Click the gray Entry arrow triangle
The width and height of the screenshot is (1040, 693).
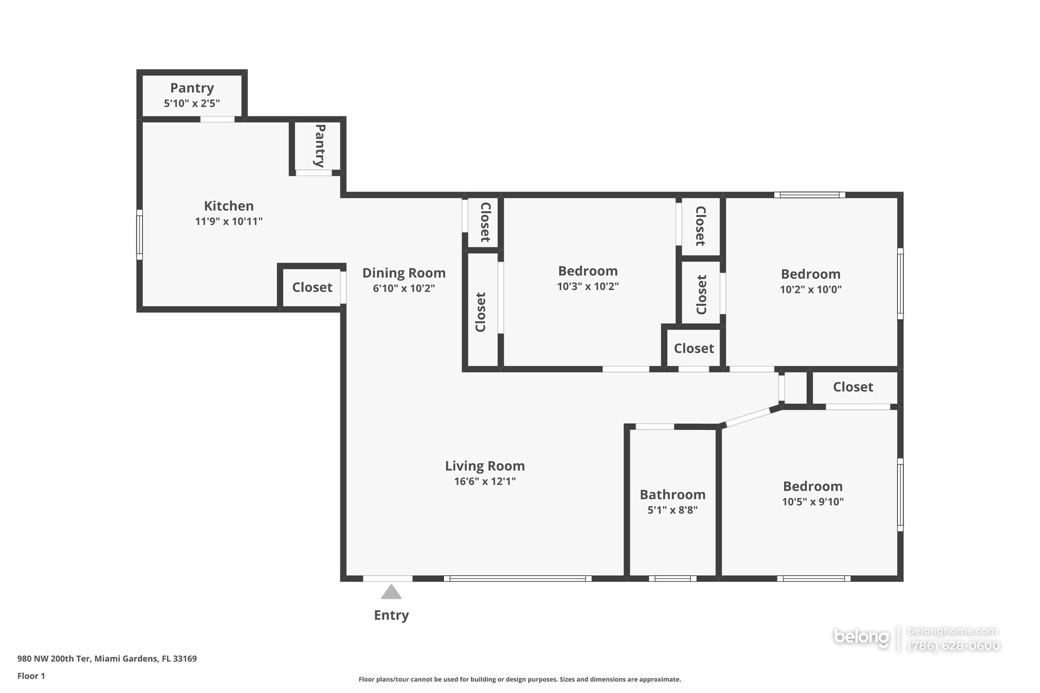coord(391,592)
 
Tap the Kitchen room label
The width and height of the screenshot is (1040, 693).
coord(229,206)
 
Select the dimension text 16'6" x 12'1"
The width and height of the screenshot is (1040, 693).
coord(485,481)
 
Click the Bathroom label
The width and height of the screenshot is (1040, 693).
coord(672,494)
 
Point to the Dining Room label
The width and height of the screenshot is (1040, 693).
coord(404,273)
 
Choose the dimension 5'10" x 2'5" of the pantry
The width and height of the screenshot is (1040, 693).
coord(191,104)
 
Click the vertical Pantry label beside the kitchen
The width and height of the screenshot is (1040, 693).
coord(319,146)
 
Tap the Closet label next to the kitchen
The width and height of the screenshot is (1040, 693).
coord(312,287)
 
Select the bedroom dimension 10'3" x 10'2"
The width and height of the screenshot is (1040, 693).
coord(588,286)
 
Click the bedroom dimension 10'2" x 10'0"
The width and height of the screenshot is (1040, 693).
coord(810,289)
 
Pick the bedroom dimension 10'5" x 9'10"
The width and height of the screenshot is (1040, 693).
coord(812,502)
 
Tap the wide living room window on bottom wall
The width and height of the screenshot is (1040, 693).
coord(517,578)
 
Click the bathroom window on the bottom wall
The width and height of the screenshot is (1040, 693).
coord(672,578)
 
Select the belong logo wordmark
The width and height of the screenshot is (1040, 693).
coord(861,637)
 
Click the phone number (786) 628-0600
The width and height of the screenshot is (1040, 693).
coord(954,646)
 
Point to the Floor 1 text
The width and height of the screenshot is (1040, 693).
coord(31,676)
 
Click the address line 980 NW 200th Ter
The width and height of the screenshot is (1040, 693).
coord(107,658)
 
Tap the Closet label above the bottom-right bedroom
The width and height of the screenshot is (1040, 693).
coord(853,387)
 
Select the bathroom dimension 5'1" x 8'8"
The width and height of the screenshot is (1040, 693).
coord(672,510)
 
